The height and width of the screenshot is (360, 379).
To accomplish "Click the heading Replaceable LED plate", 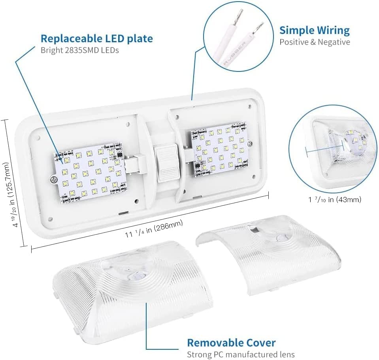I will click(96, 39).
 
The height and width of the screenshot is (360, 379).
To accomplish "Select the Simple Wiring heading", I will click(315, 30).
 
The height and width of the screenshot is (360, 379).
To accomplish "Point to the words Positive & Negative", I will click(315, 42).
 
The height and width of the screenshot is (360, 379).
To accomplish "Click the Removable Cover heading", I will click(231, 343).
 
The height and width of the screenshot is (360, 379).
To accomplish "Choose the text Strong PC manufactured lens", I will click(241, 354).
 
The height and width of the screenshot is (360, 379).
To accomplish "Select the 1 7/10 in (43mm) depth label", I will click(335, 200).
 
